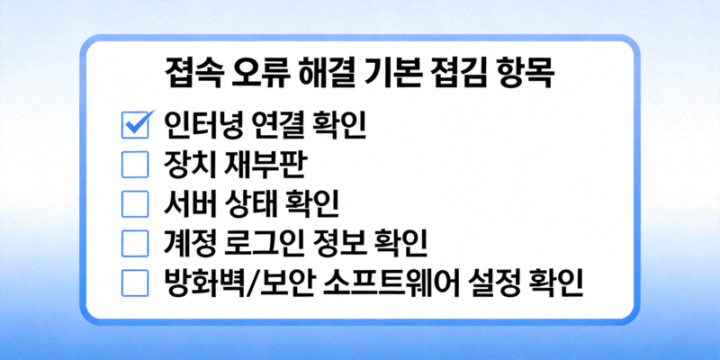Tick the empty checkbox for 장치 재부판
click(134, 165)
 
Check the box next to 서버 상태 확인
click(134, 204)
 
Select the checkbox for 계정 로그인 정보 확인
click(134, 244)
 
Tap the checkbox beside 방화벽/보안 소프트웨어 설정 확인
click(134, 283)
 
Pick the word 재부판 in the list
click(266, 165)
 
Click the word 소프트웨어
click(394, 283)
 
